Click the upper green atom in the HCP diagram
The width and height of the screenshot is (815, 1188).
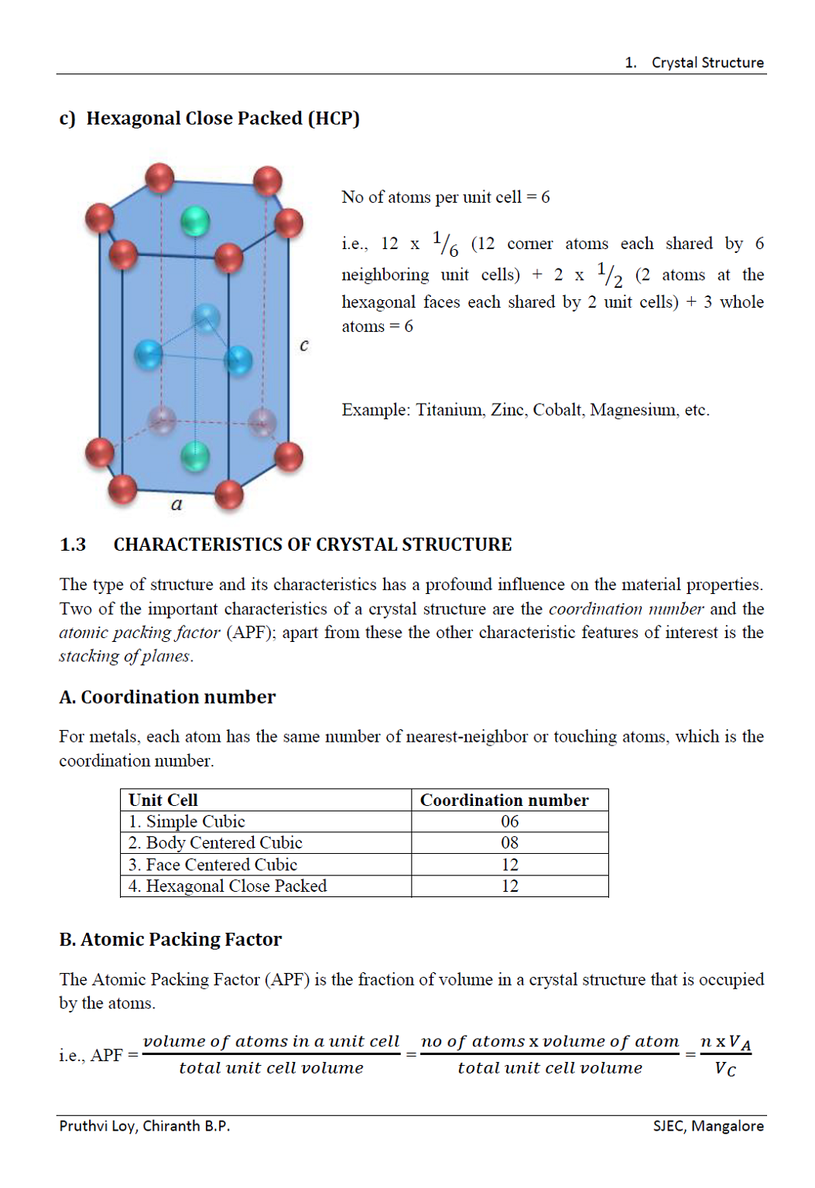[195, 221]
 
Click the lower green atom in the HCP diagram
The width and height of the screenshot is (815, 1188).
[195, 456]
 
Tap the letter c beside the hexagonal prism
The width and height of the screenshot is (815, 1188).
[304, 345]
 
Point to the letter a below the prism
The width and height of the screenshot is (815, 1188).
[176, 504]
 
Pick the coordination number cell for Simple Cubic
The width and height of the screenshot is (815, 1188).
[509, 821]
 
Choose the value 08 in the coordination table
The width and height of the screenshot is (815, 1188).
[509, 843]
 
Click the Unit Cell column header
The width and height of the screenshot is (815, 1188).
[163, 800]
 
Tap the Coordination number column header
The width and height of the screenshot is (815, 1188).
[504, 800]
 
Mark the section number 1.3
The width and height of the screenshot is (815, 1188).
[73, 544]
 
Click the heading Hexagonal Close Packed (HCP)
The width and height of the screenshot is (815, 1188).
[222, 118]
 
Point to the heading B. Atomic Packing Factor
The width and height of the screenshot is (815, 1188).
[171, 940]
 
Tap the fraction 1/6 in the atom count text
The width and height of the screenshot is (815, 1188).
[445, 244]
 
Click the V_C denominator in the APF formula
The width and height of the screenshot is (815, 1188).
[725, 1070]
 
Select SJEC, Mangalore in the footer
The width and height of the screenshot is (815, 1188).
[708, 1126]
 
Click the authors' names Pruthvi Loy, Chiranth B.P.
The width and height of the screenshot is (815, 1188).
[145, 1126]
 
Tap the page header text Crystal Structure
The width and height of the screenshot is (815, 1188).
[707, 63]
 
